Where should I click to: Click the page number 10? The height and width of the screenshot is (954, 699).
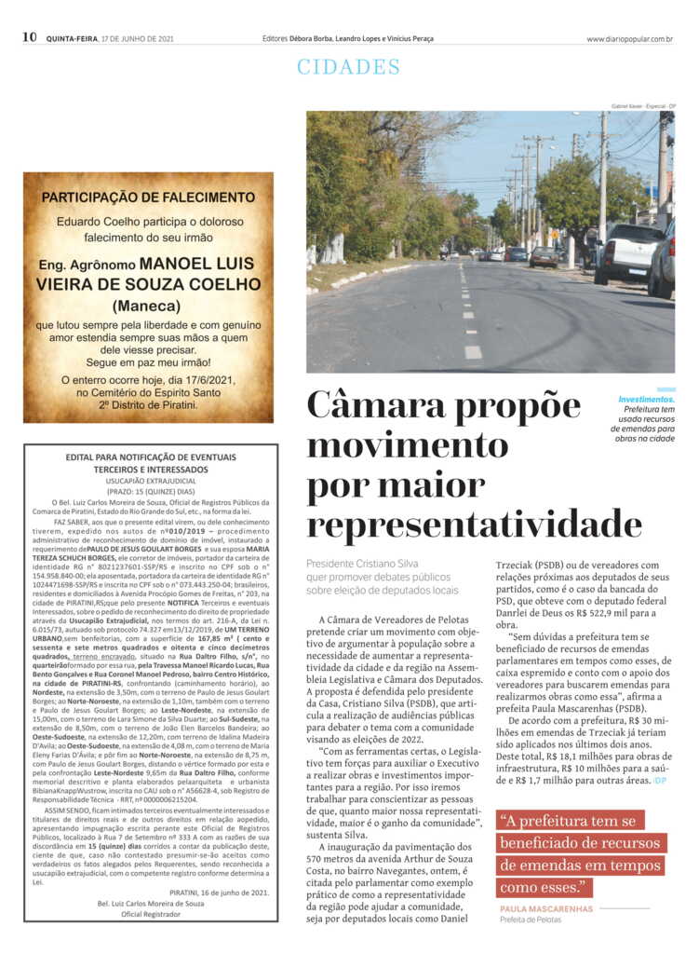tap(29, 37)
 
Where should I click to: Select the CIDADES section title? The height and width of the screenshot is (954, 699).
tap(348, 67)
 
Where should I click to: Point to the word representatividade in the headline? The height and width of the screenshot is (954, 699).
tap(475, 524)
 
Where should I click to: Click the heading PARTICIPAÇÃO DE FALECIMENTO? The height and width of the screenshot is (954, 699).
tap(148, 198)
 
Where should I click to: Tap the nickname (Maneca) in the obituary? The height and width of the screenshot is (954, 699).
tap(148, 306)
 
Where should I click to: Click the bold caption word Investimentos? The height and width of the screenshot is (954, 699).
tap(647, 400)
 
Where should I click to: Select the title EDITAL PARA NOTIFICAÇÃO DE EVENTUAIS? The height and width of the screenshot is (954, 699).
tap(150, 457)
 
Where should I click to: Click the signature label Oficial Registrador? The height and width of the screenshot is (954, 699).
tap(150, 914)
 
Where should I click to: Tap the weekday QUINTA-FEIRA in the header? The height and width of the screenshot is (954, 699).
tap(72, 39)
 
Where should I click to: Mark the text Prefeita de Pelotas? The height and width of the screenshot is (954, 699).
tap(531, 920)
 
